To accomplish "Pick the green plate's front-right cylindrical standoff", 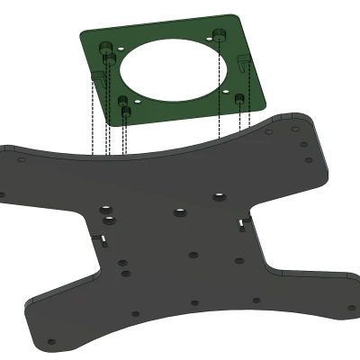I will click(x=240, y=98).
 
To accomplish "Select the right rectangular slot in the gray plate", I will click(x=241, y=222).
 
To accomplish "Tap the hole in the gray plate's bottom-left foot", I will click(x=51, y=343).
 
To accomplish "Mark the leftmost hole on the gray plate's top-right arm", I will click(x=269, y=130).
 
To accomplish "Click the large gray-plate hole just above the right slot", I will click(x=218, y=196).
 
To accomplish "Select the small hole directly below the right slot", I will click(x=238, y=262).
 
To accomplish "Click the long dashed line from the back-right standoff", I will click(x=220, y=90).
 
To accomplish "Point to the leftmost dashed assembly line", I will click(x=94, y=108).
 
